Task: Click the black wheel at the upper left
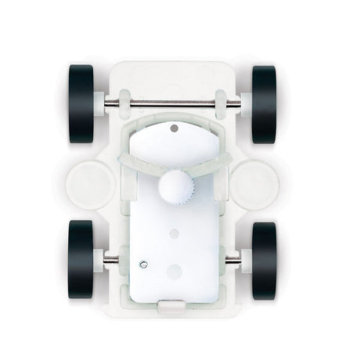click(81, 103)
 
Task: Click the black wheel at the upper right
click(265, 103)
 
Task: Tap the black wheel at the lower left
click(81, 259)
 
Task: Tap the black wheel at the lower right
click(265, 259)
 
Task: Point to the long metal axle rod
click(172, 103)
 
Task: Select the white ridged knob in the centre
click(174, 188)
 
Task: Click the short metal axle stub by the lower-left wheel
click(112, 259)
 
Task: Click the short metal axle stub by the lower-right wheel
click(232, 259)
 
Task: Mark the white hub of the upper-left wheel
click(101, 103)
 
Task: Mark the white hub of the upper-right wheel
click(244, 103)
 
